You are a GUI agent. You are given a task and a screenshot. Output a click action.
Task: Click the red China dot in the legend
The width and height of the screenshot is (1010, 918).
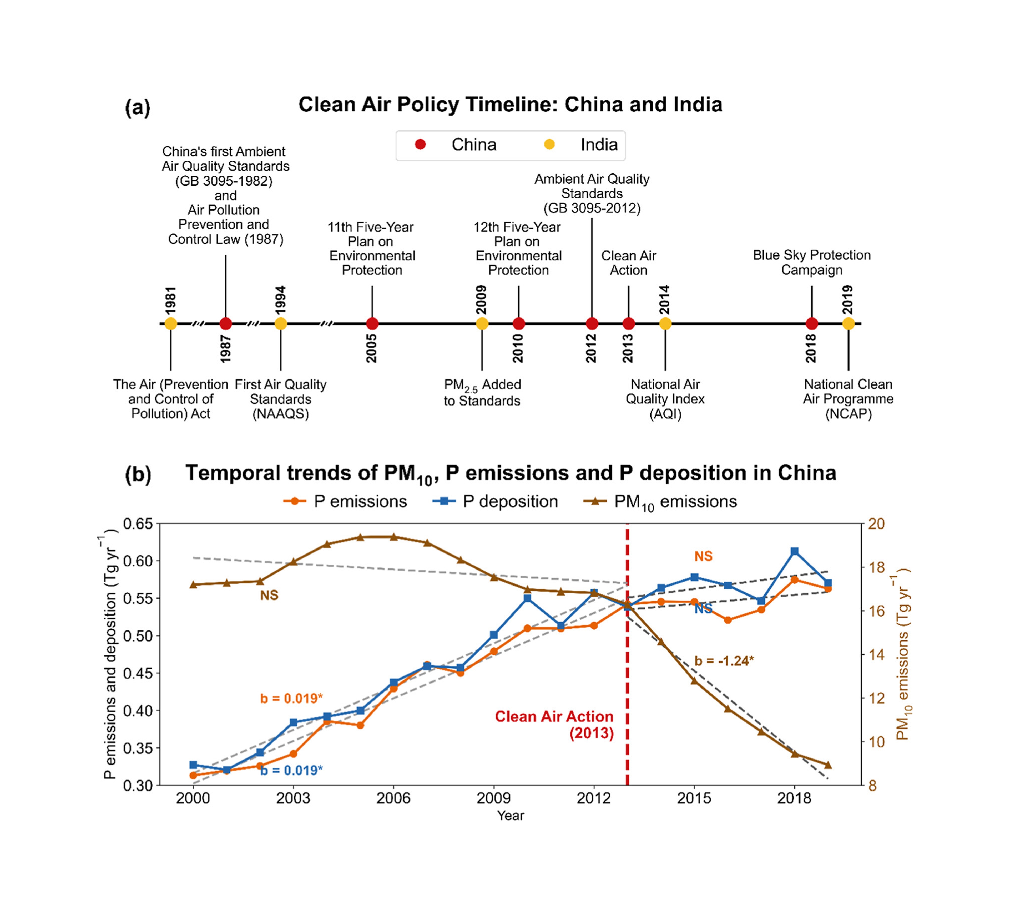420,145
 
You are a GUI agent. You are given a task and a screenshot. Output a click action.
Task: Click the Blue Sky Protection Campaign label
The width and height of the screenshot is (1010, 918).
812,262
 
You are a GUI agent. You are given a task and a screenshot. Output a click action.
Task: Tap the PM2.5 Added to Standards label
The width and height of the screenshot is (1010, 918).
482,392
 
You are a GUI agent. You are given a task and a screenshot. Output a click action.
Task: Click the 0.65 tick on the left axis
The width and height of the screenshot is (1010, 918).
138,524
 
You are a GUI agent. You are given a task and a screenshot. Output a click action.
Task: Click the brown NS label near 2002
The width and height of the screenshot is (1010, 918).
269,595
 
